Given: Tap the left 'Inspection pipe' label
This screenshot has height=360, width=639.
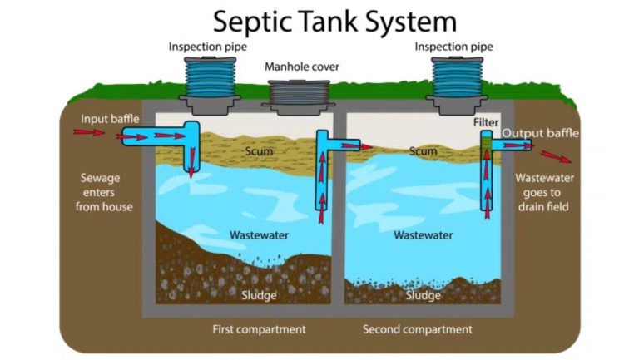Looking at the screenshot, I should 207,47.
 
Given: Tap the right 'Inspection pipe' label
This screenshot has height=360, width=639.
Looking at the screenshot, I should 453,47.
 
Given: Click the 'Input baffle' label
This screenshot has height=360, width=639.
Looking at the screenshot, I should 110,119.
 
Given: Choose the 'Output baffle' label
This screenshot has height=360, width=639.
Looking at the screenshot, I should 540,133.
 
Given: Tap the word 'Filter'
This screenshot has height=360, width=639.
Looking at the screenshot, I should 486,122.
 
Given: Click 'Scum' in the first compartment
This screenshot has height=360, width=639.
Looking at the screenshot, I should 259,151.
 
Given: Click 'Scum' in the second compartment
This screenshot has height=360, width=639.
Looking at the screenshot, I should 423,151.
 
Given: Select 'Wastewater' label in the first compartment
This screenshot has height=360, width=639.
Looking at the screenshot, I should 259,235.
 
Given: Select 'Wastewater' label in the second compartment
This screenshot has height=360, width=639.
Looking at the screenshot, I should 423,235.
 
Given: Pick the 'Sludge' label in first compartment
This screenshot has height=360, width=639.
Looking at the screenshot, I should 259,295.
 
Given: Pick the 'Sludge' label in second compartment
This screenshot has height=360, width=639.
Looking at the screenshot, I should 423,295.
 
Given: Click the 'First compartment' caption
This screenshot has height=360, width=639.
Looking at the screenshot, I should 259,329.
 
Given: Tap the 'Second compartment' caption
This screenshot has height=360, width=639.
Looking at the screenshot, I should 417,329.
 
